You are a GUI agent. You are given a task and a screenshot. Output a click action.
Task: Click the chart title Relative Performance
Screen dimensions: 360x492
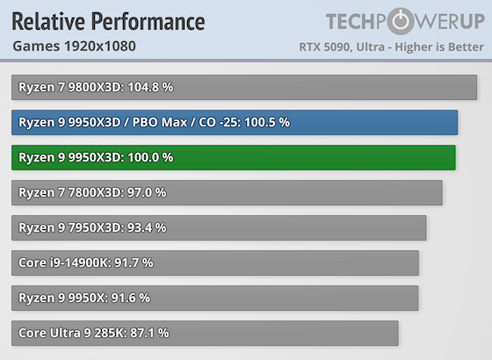point(108,21)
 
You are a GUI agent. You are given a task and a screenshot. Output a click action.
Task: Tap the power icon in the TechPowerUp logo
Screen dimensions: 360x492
point(402,22)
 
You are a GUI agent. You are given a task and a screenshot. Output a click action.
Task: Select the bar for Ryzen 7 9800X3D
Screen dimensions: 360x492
point(244,87)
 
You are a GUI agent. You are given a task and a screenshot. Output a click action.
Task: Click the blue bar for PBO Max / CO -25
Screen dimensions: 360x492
point(235,122)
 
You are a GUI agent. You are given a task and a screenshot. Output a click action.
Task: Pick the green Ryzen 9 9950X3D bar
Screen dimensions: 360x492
point(234,157)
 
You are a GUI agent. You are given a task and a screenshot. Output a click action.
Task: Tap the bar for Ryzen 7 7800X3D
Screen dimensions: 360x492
point(227,192)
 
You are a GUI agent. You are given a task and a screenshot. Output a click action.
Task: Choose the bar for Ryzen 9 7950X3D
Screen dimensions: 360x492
point(219,227)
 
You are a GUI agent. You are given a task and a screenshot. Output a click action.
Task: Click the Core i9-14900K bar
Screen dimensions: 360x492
point(215,263)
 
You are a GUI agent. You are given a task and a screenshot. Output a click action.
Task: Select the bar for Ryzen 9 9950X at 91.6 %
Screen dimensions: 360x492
point(215,298)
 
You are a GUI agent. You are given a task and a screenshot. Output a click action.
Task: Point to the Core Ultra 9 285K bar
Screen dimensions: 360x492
point(205,333)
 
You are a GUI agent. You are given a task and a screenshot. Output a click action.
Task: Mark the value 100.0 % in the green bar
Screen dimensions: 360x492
point(146,157)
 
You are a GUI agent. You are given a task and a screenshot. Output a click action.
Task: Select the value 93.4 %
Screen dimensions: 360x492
point(144,227)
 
